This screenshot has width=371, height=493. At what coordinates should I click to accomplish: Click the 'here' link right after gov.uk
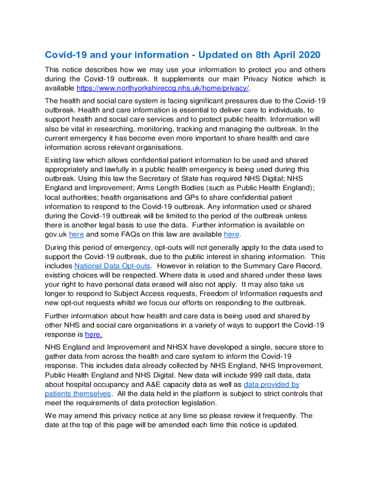77,234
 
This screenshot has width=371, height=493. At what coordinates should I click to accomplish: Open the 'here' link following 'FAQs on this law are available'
232,234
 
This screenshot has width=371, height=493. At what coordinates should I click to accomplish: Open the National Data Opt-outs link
113,266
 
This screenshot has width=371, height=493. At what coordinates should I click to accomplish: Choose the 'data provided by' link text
272,384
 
